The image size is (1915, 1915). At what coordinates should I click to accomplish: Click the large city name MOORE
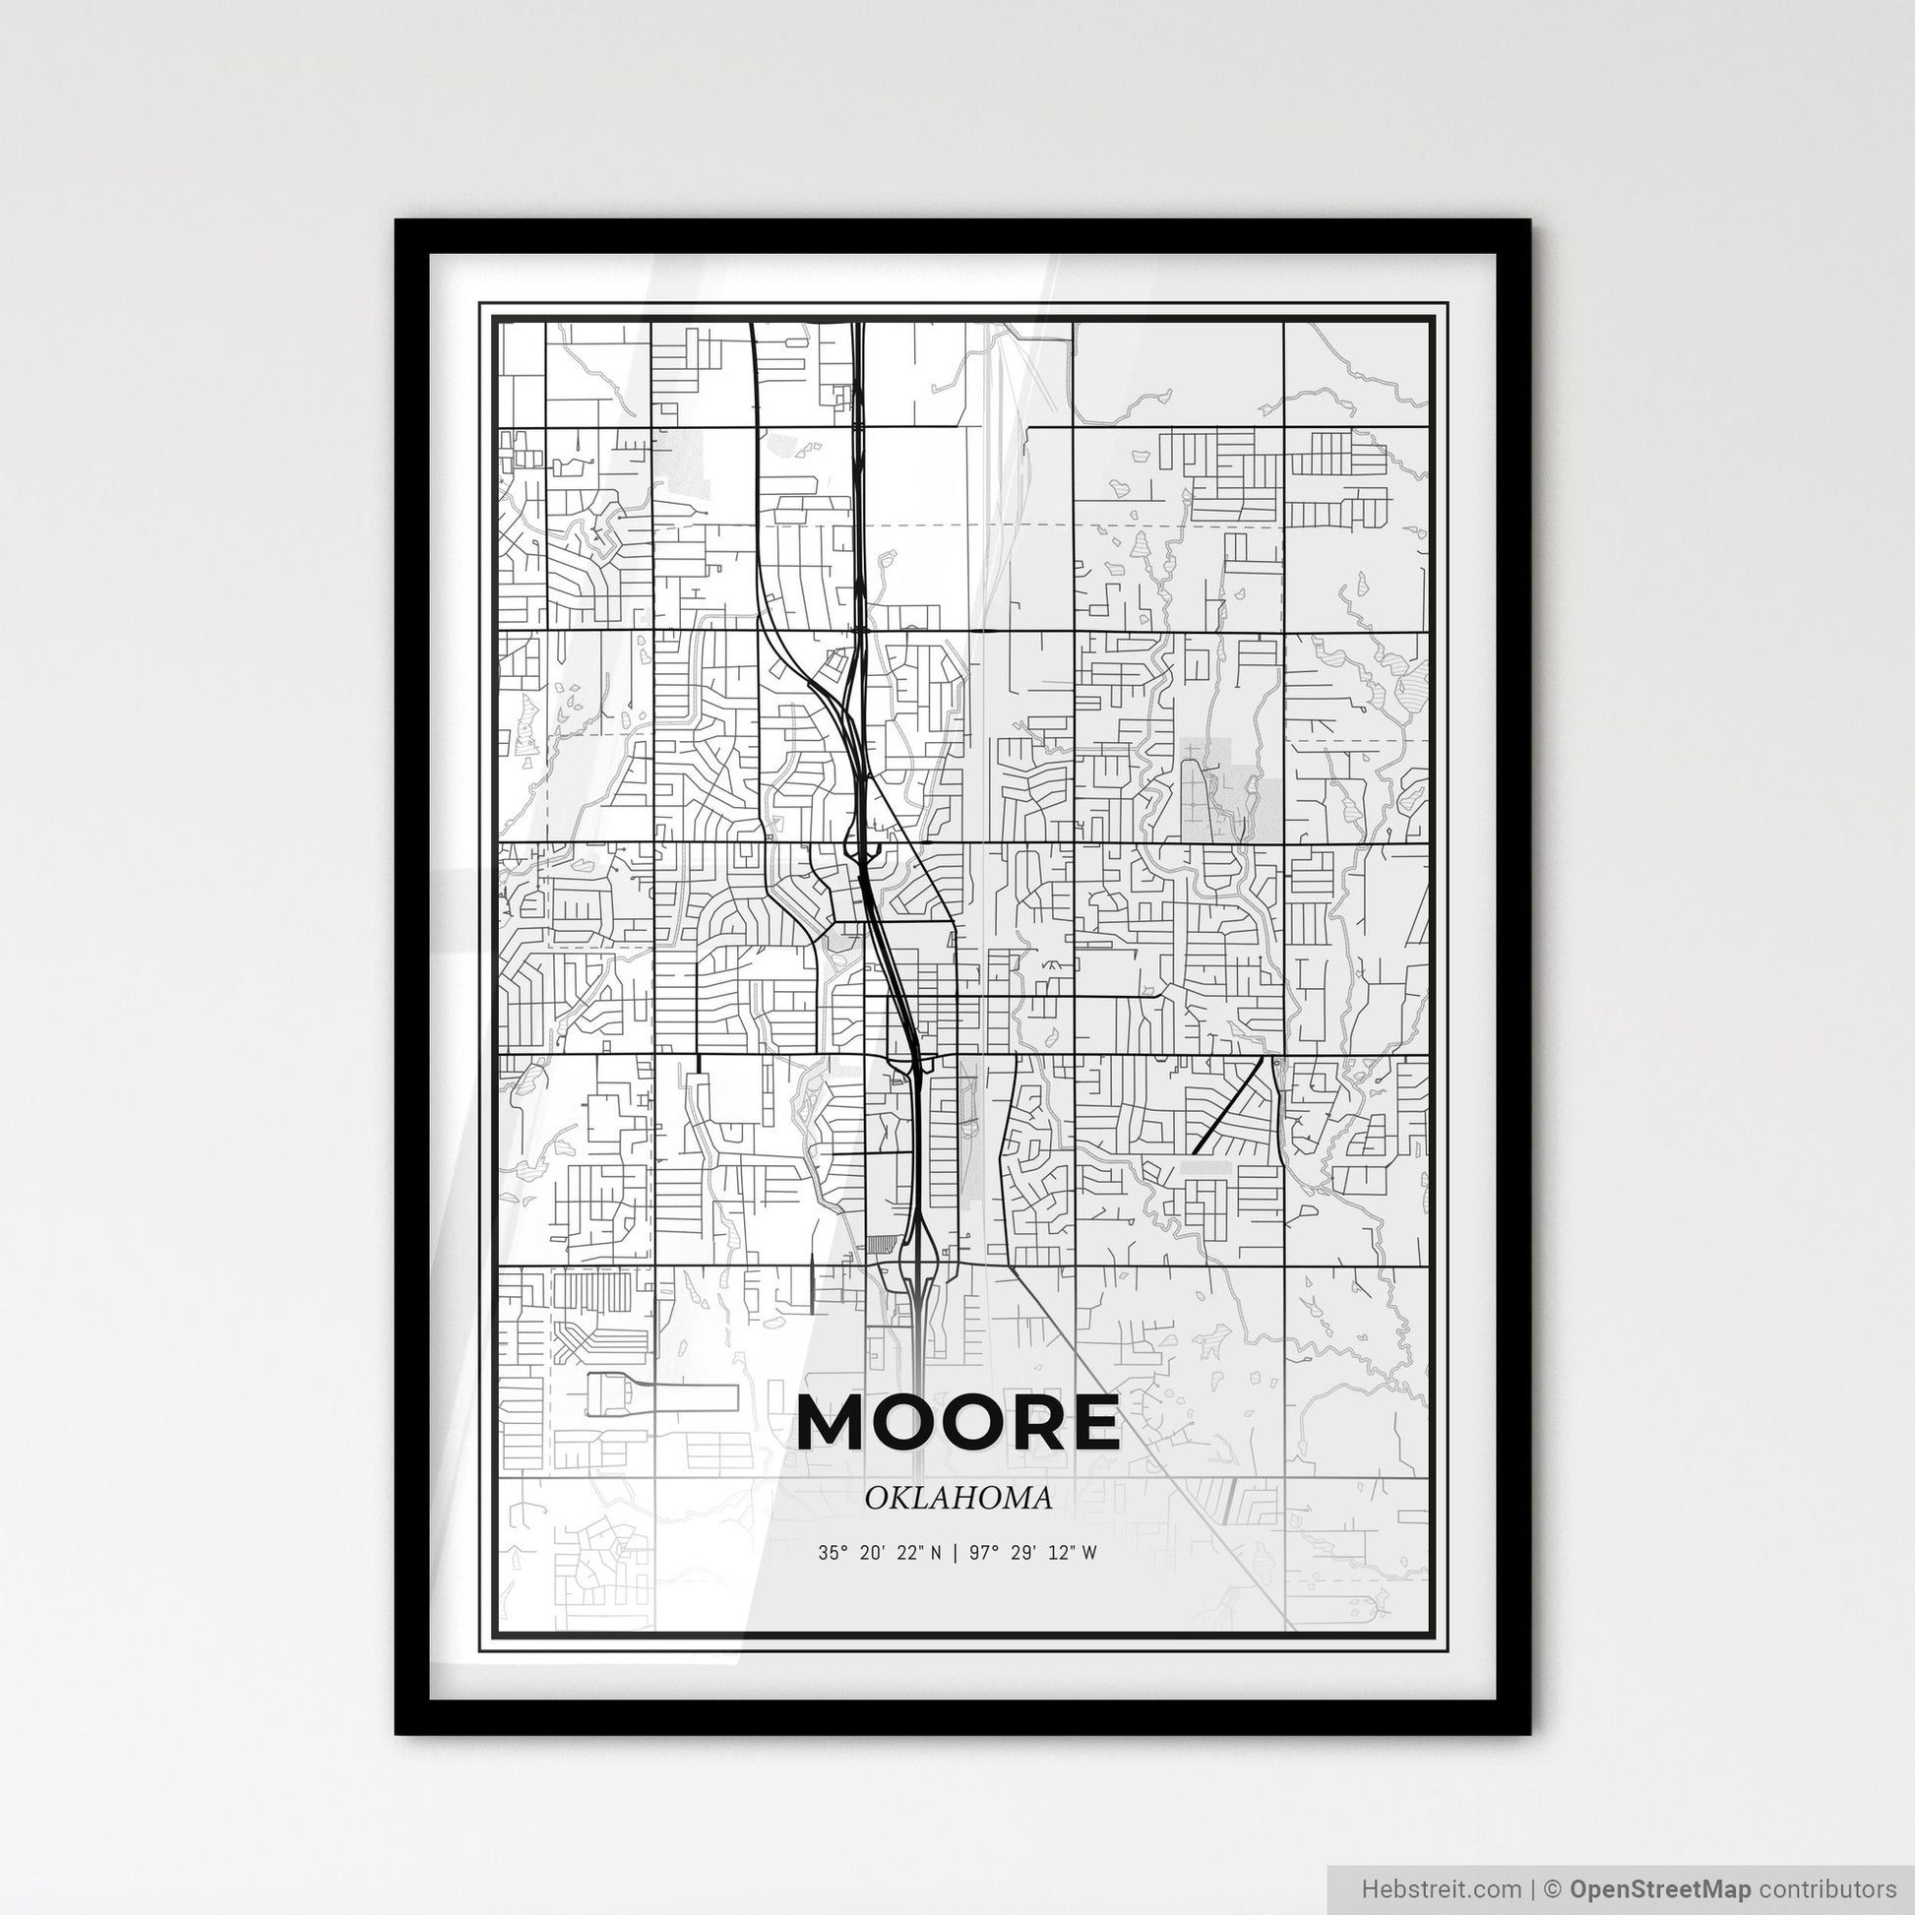[957, 1422]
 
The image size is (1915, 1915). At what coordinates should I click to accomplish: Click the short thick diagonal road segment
[1230, 1103]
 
